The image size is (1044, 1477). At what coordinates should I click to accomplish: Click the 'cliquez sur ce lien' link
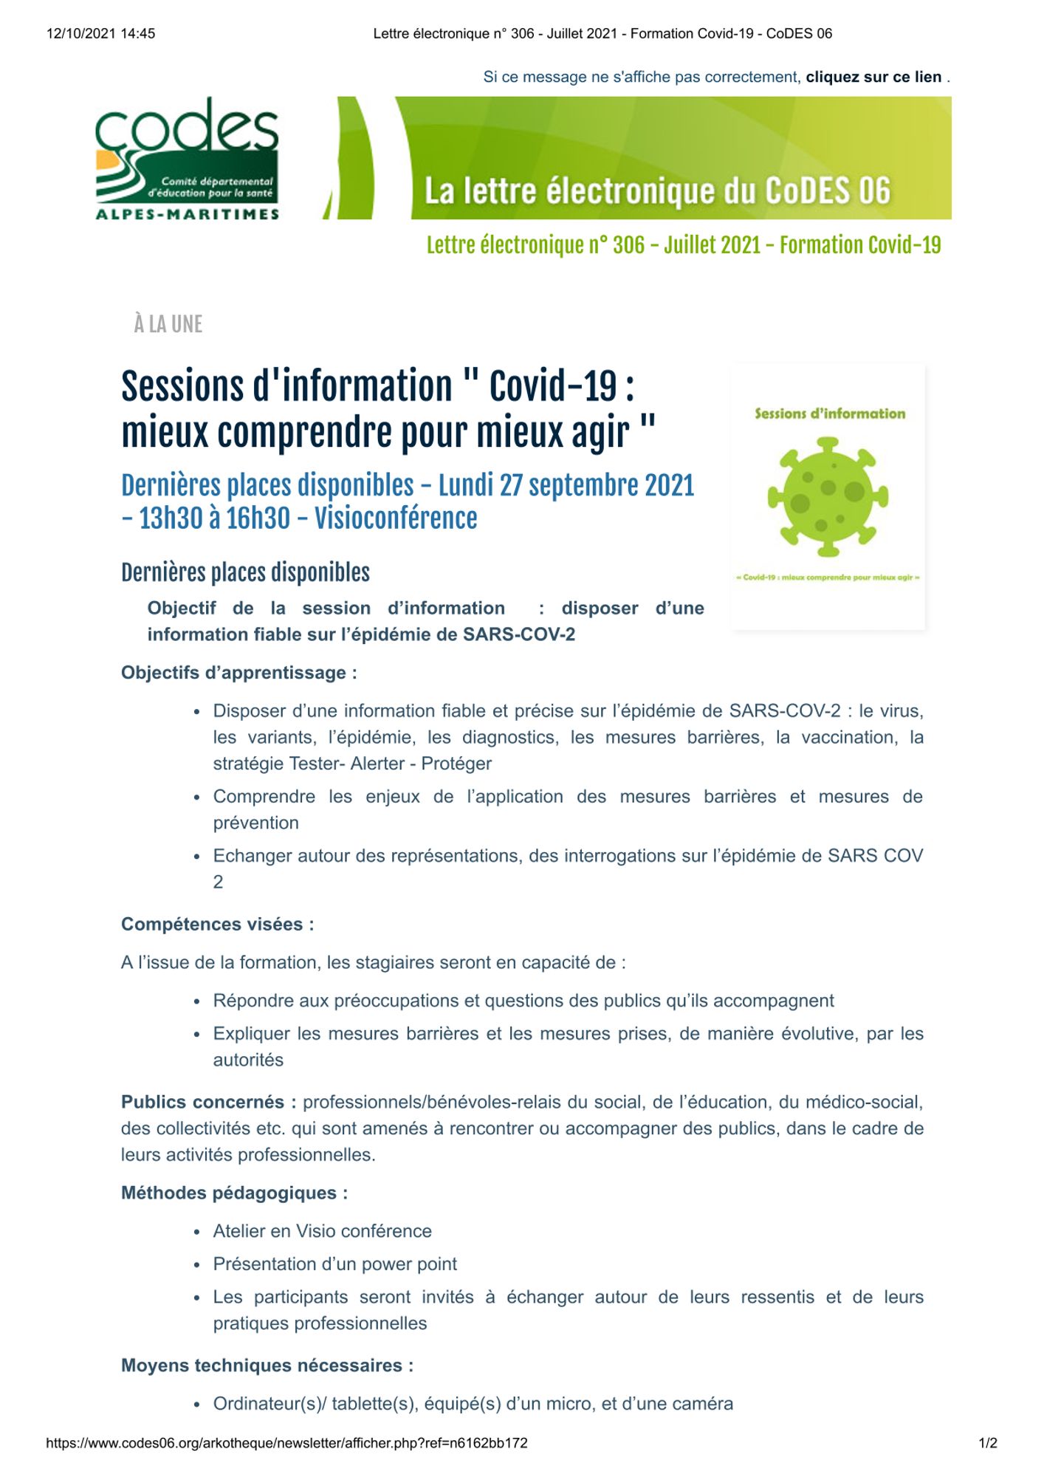[873, 77]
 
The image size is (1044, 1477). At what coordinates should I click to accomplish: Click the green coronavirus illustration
[828, 496]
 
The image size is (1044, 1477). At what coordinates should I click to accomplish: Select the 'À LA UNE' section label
[168, 324]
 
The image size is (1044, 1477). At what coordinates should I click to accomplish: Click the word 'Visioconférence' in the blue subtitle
[396, 518]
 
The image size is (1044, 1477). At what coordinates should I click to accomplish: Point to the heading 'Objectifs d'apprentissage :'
[239, 673]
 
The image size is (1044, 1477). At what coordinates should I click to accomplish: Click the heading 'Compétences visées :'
[218, 925]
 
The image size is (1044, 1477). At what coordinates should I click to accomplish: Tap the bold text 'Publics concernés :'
[209, 1102]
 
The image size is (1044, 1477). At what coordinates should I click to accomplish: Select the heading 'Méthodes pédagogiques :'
[235, 1193]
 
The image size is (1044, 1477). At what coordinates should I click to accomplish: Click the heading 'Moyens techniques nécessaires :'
[267, 1365]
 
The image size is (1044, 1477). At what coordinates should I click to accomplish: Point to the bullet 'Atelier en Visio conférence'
[323, 1231]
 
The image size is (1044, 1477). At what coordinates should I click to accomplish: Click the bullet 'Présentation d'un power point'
[335, 1264]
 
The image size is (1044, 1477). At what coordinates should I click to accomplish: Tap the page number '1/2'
[988, 1442]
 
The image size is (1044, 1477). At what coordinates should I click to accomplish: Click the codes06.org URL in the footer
[287, 1442]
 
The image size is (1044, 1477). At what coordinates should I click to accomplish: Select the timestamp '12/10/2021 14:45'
[101, 33]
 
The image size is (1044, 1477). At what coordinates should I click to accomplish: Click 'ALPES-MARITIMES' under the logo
[188, 214]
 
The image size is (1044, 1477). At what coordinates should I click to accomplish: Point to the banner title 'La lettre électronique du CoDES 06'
[657, 191]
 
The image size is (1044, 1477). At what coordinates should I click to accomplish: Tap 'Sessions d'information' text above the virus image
[830, 414]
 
